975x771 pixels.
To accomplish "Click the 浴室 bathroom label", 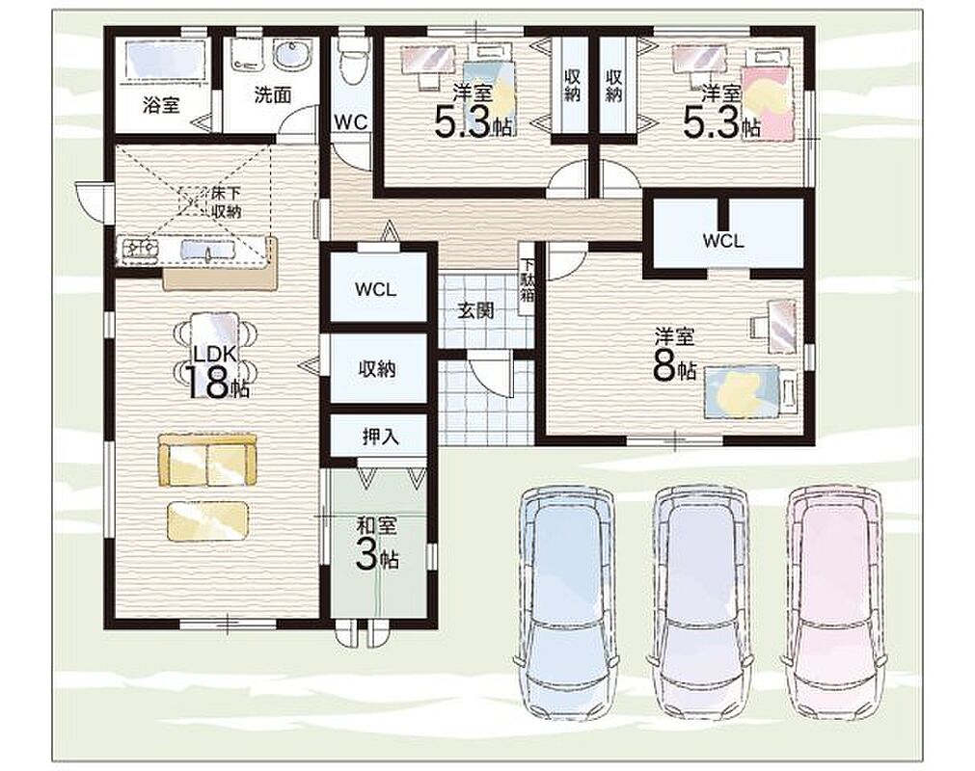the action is click(161, 106).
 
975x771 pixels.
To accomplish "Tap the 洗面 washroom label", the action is click(272, 95).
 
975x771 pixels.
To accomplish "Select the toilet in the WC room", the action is click(353, 61).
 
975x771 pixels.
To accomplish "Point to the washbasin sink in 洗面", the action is click(291, 55).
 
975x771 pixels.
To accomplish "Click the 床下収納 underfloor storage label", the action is click(226, 202).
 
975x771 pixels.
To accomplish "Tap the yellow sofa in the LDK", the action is click(207, 461).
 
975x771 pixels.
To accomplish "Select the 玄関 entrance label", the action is click(475, 310).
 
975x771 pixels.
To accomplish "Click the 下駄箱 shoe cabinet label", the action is click(527, 279).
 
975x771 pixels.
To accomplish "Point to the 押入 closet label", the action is click(380, 437).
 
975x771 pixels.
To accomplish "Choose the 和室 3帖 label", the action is click(377, 545).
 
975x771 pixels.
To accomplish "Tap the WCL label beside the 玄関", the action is click(375, 289).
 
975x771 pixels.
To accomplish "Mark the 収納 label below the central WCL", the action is click(377, 369).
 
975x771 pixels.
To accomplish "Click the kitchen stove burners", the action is click(142, 250).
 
